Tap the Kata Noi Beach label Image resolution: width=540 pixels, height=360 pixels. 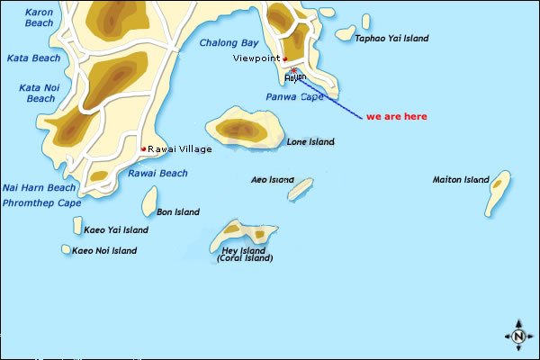(37, 93)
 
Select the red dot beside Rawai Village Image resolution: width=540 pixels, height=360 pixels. (143, 148)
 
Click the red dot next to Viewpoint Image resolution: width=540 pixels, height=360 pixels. (284, 58)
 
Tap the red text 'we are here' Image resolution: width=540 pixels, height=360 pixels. (397, 117)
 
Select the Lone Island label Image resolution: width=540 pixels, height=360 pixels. (310, 142)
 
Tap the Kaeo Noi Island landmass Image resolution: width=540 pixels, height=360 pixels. (66, 249)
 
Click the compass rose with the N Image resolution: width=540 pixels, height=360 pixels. (518, 335)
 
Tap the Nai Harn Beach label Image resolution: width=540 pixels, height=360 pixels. (39, 187)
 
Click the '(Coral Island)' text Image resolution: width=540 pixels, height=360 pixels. (245, 258)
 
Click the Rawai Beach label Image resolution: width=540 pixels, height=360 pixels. (158, 174)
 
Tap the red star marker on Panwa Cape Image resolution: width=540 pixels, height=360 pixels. (294, 70)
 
